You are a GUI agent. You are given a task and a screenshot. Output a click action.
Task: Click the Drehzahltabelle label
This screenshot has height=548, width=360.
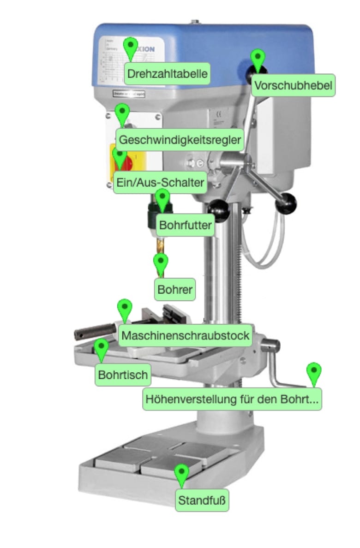[167, 74]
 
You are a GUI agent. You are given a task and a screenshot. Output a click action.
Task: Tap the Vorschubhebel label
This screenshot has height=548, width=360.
[293, 86]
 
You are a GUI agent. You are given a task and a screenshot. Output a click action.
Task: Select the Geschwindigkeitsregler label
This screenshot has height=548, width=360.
[180, 140]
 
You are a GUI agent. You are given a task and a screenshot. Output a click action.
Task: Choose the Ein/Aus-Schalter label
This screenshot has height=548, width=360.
[160, 183]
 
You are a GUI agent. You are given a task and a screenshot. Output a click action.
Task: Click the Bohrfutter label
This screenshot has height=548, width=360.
[186, 226]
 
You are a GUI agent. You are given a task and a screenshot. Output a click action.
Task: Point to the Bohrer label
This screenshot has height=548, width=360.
[174, 290]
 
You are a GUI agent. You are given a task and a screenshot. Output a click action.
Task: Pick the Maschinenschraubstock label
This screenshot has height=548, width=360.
[186, 335]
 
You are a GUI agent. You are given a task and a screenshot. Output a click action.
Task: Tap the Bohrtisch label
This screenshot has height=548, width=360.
[123, 375]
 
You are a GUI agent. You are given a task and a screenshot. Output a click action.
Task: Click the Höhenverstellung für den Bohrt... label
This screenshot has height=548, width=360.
[232, 399]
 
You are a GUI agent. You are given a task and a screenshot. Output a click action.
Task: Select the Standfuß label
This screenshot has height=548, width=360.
[203, 500]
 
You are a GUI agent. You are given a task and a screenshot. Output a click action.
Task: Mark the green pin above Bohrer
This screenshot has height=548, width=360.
[161, 262]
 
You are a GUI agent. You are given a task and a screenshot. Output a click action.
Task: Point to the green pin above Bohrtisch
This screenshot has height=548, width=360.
[101, 348]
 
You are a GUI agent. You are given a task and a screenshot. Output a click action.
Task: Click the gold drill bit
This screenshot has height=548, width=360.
[160, 244]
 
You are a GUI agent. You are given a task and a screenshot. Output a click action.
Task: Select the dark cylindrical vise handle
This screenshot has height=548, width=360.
[95, 330]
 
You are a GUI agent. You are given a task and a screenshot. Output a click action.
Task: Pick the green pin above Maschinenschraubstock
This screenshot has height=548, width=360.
[125, 308]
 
